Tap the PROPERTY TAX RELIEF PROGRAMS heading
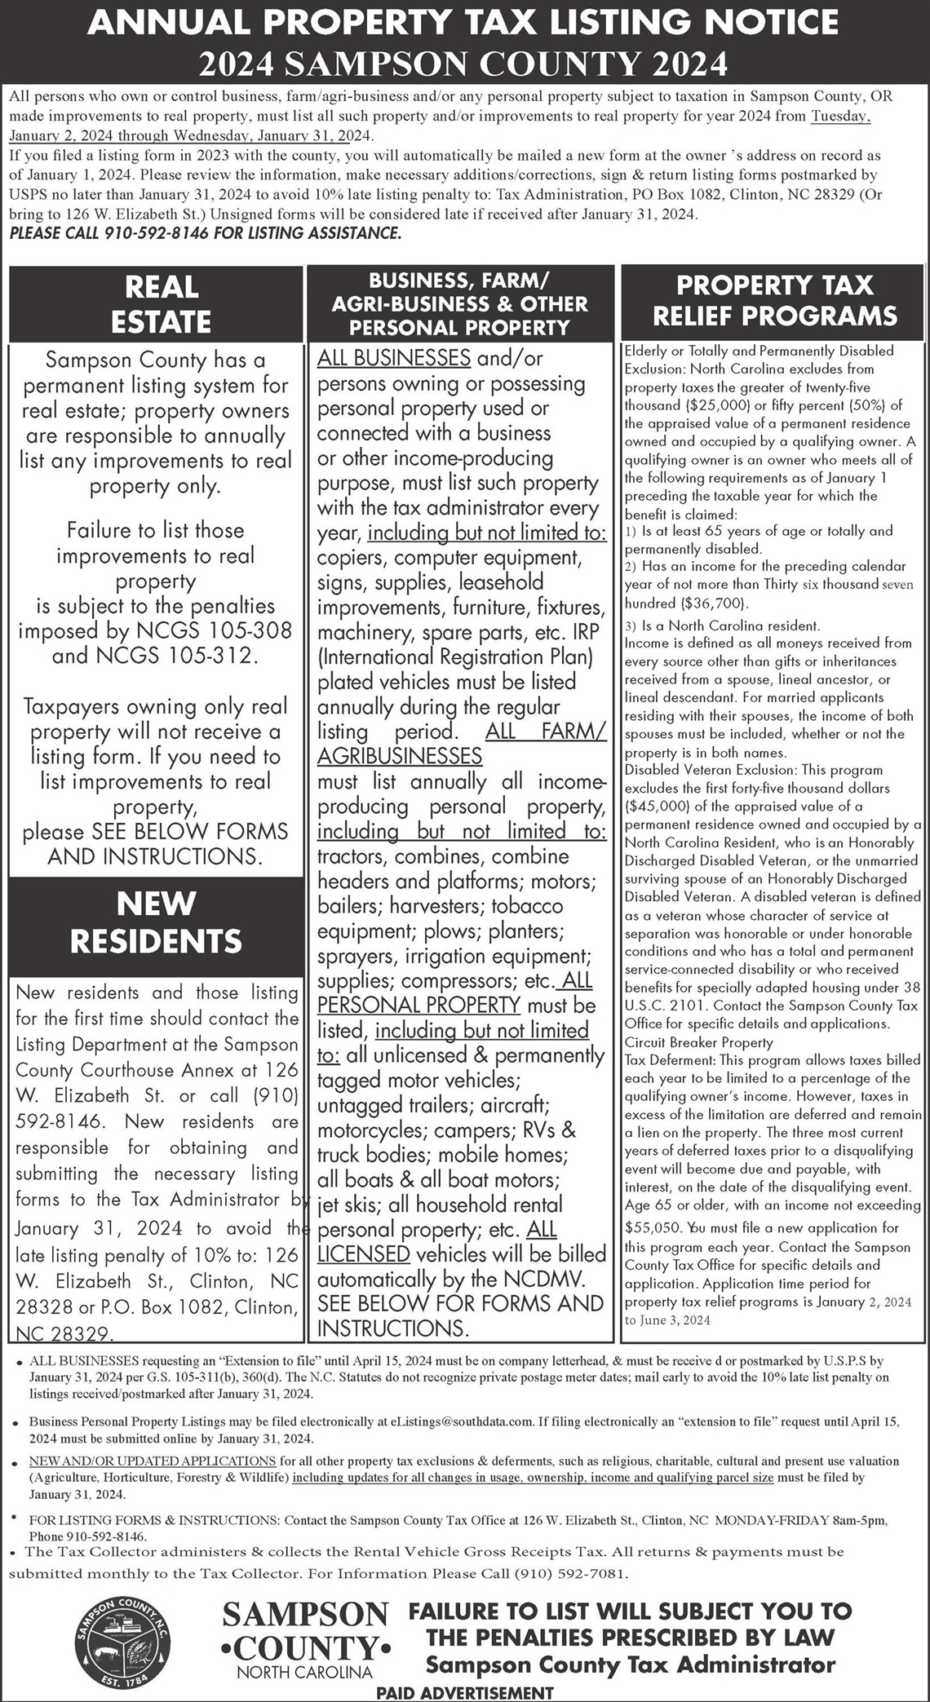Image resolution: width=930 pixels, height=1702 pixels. click(774, 300)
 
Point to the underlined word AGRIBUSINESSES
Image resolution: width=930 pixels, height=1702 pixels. click(400, 756)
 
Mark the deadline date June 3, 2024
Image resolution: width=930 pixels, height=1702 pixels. click(667, 1320)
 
